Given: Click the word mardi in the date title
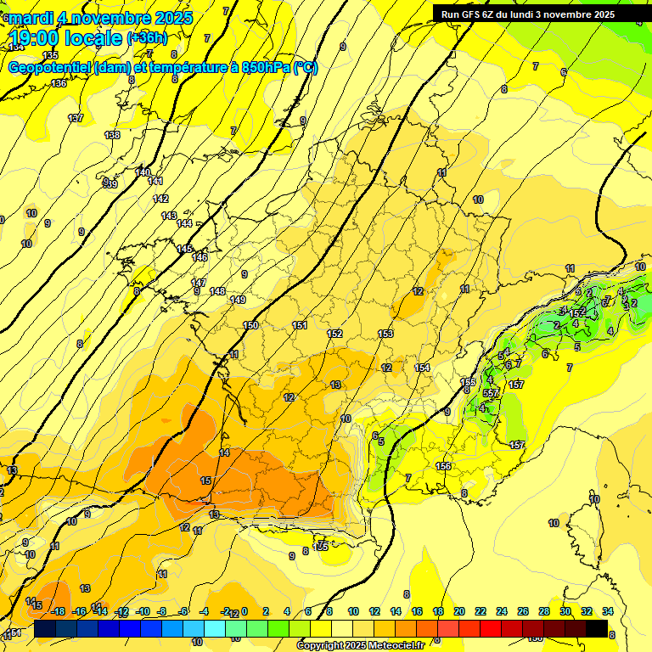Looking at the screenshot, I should [x=31, y=18].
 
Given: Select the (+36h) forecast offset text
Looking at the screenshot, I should [x=147, y=38].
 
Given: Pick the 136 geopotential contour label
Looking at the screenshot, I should [x=58, y=83].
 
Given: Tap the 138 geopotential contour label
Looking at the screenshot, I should [x=112, y=135].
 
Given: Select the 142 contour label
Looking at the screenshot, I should [x=160, y=199].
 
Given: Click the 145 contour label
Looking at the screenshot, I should [x=184, y=249].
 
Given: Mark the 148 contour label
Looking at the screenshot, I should [x=217, y=291].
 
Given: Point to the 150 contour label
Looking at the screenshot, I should [x=250, y=325].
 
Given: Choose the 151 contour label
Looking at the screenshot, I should [x=299, y=325].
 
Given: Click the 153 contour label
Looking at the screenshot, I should [x=385, y=334].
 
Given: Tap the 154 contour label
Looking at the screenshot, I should [x=422, y=367].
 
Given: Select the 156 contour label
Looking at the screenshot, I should [x=442, y=466].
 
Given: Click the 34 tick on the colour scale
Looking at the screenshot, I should [x=607, y=611].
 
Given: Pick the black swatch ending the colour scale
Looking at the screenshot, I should [x=597, y=628].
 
